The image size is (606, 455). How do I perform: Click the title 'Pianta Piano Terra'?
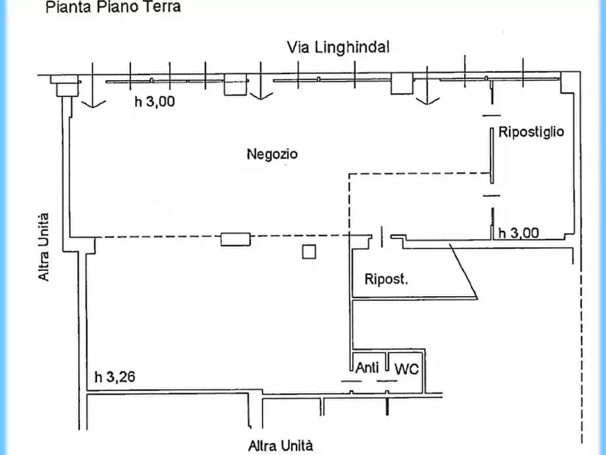[113, 8]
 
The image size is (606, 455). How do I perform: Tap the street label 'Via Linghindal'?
[338, 48]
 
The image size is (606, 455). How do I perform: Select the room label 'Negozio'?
[271, 154]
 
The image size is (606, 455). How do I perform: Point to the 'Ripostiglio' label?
[531, 132]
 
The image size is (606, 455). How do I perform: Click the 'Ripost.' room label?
[386, 278]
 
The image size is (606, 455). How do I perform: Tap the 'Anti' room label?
[367, 369]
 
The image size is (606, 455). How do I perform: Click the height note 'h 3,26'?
[115, 377]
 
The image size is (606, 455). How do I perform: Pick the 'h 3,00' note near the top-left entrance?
[155, 103]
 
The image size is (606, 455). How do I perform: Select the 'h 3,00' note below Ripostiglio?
[518, 233]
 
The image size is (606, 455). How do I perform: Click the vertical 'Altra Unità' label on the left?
[43, 247]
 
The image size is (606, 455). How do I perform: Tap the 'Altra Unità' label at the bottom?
[280, 446]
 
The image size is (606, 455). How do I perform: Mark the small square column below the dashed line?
[309, 252]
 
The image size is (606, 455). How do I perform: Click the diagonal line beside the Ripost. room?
[465, 270]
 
